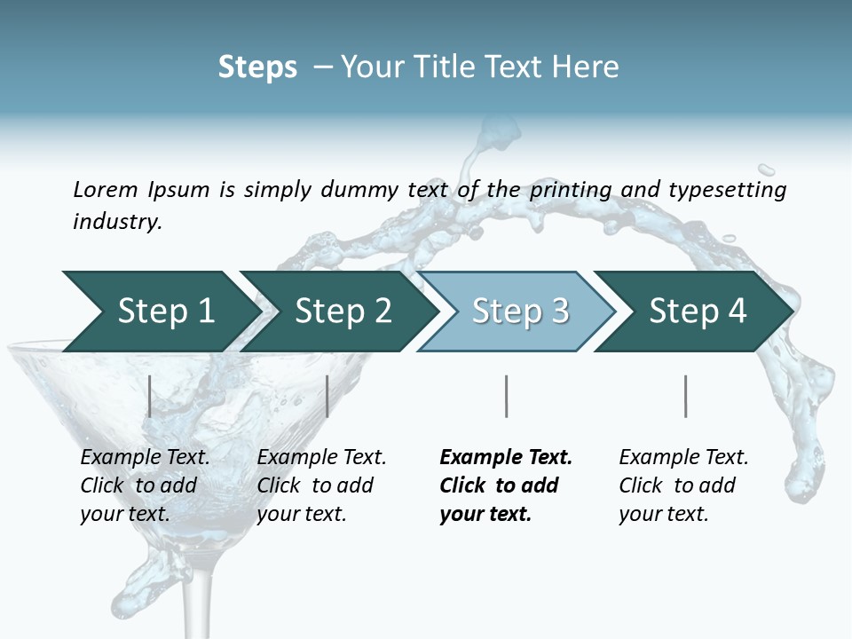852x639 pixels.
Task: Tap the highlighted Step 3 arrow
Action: point(519,312)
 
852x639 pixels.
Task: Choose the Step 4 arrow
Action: point(697,312)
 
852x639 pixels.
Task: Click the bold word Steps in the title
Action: point(257,67)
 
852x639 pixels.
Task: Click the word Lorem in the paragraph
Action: point(105,190)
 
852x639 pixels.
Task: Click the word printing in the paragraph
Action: point(572,190)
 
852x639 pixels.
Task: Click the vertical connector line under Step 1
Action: point(150,396)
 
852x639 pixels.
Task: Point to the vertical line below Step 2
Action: point(327,396)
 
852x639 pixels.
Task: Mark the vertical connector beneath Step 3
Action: point(506,396)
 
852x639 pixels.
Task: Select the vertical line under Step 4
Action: point(685,396)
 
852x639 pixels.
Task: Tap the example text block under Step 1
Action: point(145,485)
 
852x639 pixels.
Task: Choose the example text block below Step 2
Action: point(321,485)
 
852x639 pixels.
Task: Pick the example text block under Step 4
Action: point(683,485)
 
